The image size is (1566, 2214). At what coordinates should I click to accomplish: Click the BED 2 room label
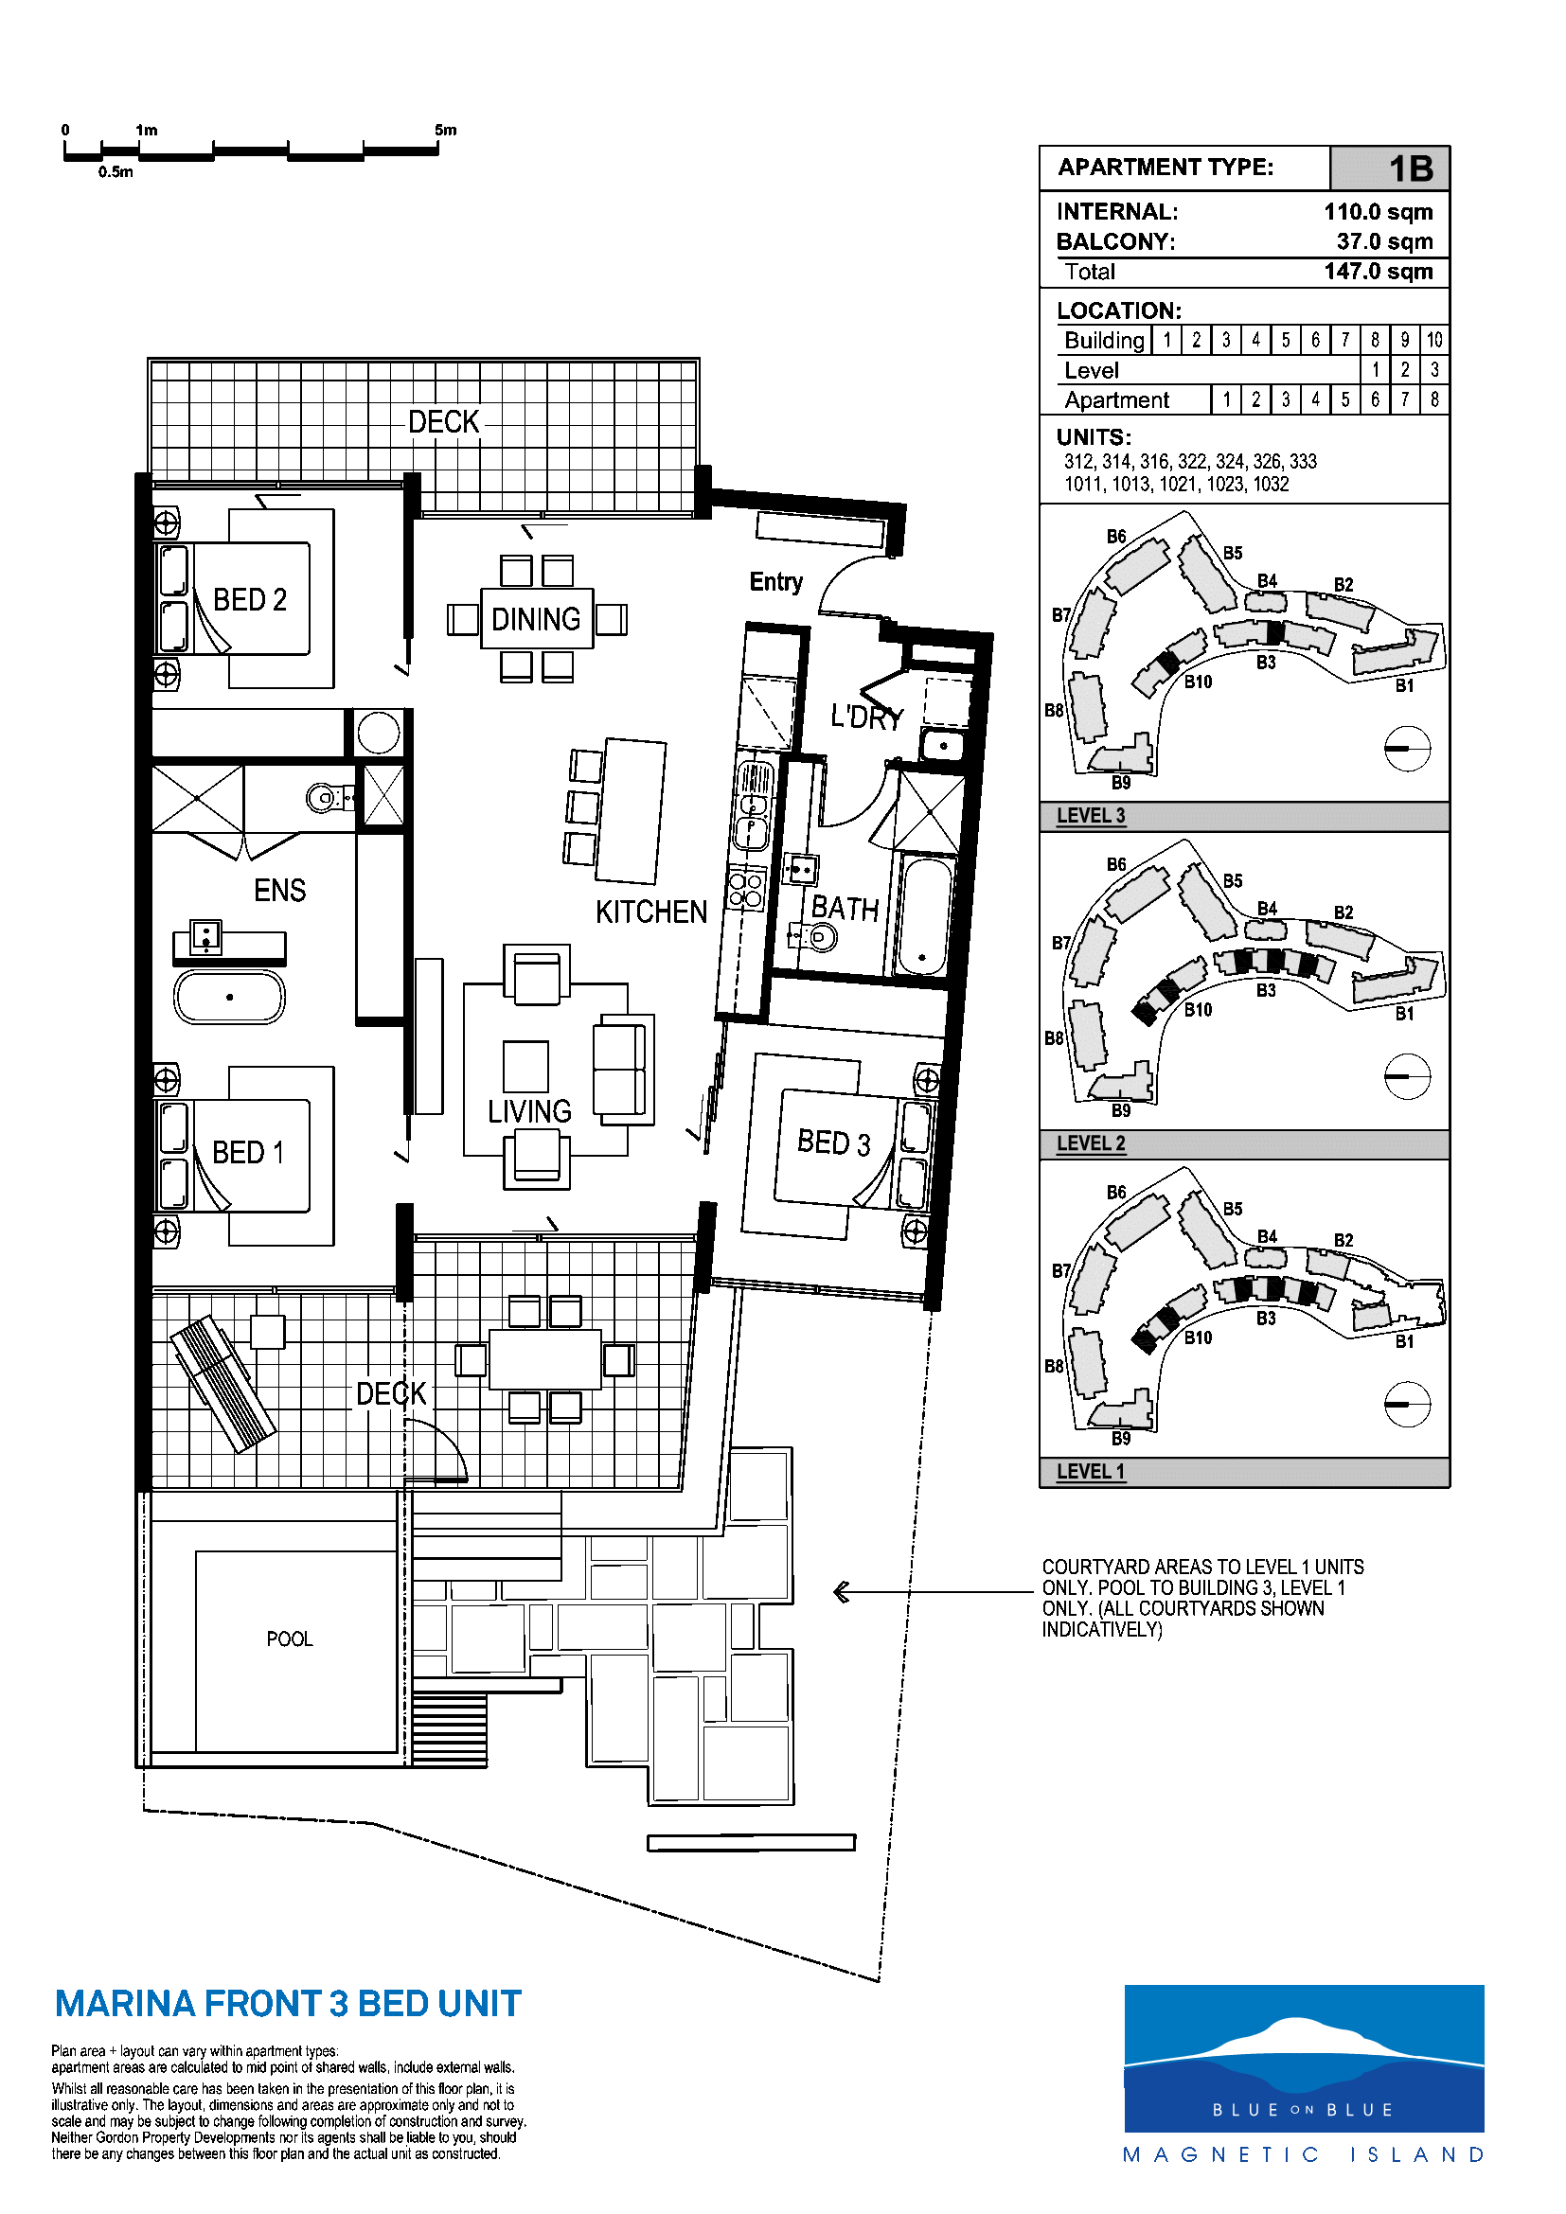click(x=250, y=600)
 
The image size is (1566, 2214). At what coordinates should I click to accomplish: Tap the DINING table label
click(x=536, y=619)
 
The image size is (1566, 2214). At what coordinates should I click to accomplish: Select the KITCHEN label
click(x=650, y=912)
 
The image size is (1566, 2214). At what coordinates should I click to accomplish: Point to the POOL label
click(x=290, y=1639)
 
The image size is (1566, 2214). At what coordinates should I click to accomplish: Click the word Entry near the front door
click(x=776, y=581)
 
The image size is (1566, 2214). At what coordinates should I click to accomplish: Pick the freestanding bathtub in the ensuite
click(x=229, y=997)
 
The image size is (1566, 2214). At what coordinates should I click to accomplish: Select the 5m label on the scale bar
click(x=446, y=131)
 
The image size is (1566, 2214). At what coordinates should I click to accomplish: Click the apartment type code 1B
click(x=1411, y=168)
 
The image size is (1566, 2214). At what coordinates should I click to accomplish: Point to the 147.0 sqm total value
click(x=1378, y=272)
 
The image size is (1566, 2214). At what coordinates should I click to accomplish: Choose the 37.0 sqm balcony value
click(x=1385, y=241)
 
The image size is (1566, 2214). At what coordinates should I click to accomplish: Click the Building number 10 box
click(x=1433, y=340)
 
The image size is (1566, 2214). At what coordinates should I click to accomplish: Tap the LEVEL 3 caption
click(x=1091, y=816)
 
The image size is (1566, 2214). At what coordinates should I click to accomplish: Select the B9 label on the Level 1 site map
click(x=1120, y=1438)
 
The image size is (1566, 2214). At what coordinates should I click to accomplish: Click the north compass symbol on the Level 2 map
click(x=1407, y=1076)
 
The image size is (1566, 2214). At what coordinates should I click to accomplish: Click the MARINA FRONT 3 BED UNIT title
click(x=289, y=2004)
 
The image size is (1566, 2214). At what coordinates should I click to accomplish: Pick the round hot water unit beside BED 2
click(x=378, y=733)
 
